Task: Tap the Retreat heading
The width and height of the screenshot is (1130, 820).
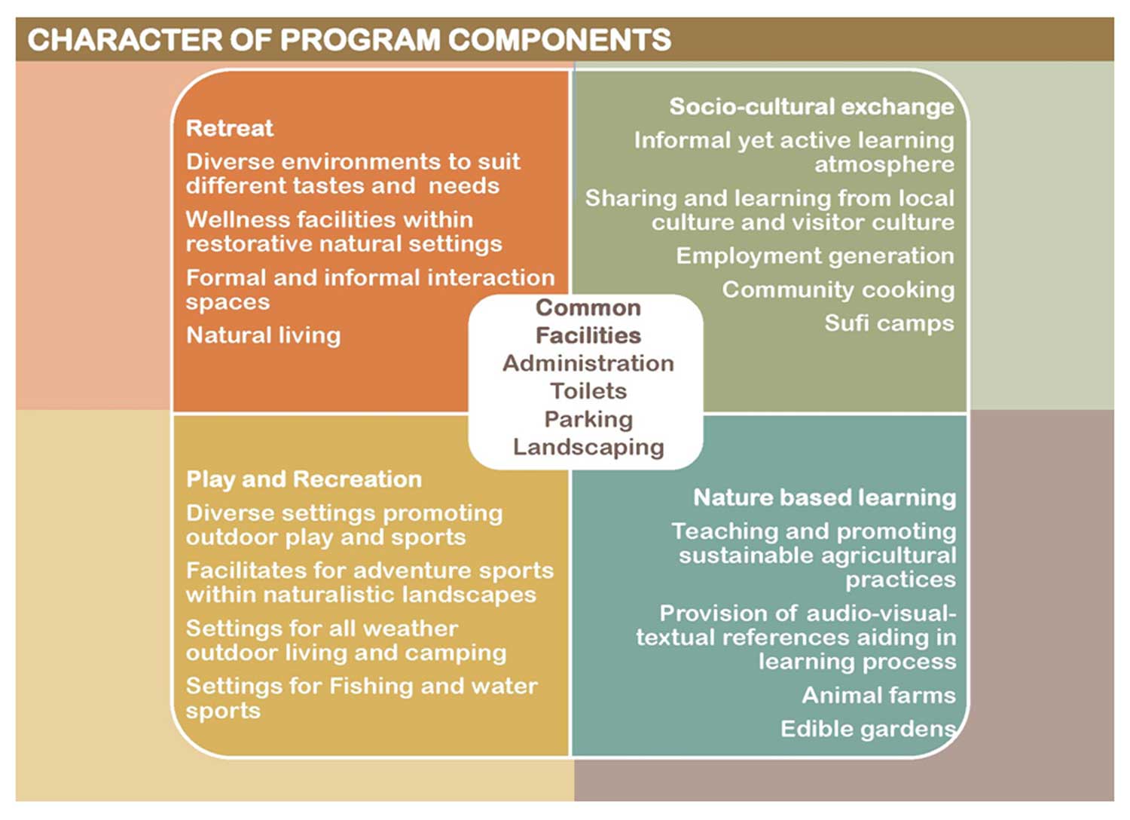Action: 230,128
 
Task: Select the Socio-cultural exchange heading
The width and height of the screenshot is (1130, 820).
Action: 811,106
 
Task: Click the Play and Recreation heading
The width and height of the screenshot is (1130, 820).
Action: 304,479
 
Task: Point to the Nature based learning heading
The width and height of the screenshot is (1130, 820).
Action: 824,497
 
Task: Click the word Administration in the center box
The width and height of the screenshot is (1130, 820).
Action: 588,363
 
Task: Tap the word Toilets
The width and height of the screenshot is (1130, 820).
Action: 588,391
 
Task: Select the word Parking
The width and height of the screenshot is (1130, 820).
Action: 588,419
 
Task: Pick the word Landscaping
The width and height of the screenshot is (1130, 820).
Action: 588,447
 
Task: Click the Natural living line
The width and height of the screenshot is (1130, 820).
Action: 263,335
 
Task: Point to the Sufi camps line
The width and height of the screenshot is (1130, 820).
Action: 889,323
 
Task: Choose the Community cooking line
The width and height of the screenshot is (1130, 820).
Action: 838,289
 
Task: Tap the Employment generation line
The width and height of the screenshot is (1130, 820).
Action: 814,255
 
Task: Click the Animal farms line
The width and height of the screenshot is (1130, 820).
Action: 878,695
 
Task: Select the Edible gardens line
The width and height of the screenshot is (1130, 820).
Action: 868,729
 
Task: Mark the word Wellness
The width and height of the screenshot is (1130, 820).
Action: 237,219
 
